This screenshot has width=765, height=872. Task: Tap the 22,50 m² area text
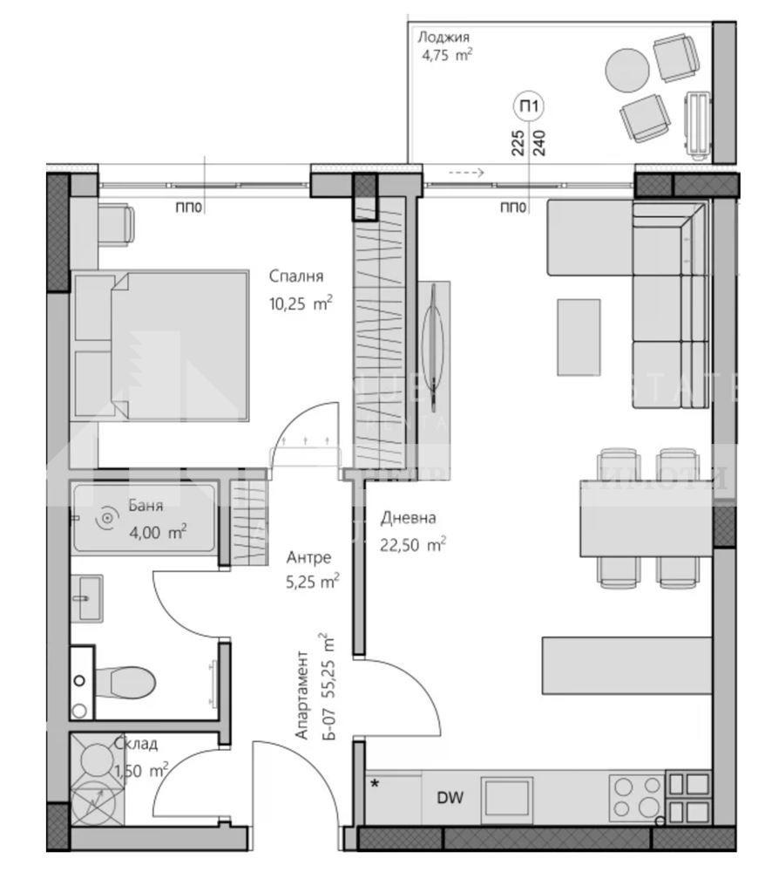click(x=413, y=545)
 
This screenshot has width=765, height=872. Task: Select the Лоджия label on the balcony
click(x=443, y=37)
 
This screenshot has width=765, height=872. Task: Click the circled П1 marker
click(x=528, y=106)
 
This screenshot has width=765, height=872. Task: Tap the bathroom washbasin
click(x=87, y=598)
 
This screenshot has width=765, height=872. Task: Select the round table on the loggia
click(x=627, y=67)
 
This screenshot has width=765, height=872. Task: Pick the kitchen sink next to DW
click(x=508, y=796)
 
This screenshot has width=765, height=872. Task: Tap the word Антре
click(x=308, y=557)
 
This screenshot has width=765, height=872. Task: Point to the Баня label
click(x=144, y=504)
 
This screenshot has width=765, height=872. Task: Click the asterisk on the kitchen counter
click(x=375, y=782)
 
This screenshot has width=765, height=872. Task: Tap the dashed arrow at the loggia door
click(x=465, y=173)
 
